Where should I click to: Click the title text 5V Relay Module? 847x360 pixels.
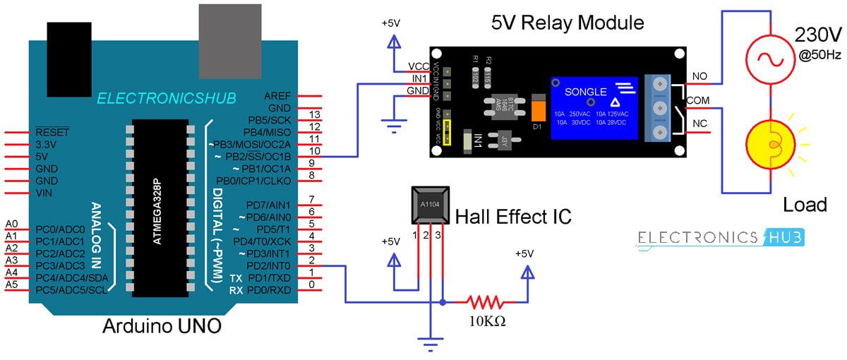click(567, 23)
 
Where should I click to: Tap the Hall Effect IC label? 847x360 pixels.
click(513, 217)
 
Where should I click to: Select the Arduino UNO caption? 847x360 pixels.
click(162, 326)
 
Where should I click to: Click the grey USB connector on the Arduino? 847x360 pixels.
click(230, 32)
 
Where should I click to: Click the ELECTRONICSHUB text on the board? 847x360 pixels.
click(167, 98)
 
